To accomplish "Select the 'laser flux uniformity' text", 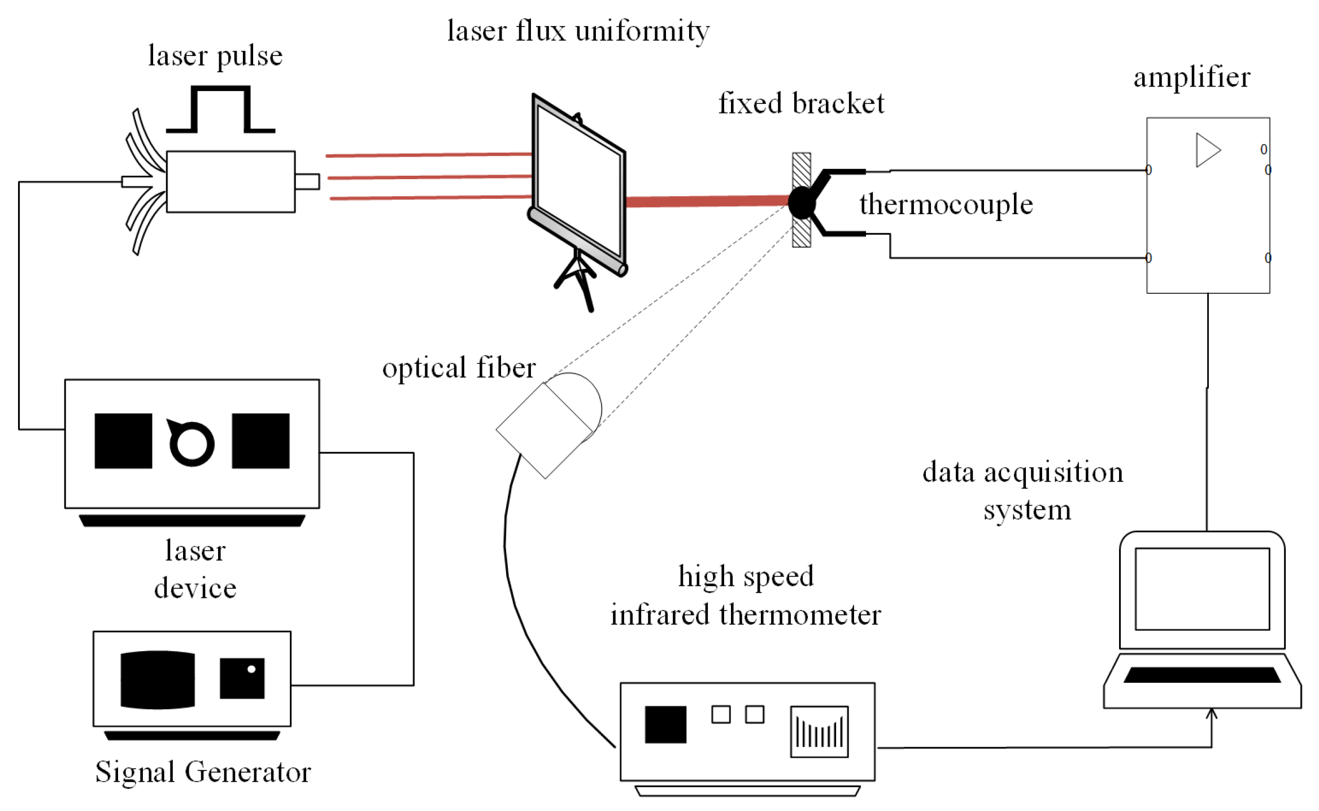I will [x=578, y=31].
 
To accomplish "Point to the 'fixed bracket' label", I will [x=801, y=104].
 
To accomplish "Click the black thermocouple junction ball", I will [x=801, y=203].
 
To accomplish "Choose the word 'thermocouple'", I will [x=946, y=205].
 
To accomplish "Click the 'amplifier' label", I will [x=1192, y=77].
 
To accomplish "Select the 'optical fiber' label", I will [x=459, y=368].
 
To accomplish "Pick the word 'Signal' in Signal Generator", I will [x=135, y=772].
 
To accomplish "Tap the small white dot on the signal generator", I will [x=251, y=669].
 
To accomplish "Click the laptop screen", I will [x=1202, y=588].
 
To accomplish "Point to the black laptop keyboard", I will [x=1202, y=675].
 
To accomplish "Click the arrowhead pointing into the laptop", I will [x=1211, y=713].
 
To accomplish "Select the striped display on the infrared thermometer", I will [x=819, y=731].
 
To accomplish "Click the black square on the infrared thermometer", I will [x=665, y=725].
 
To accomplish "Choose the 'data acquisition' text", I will [x=1022, y=472].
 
